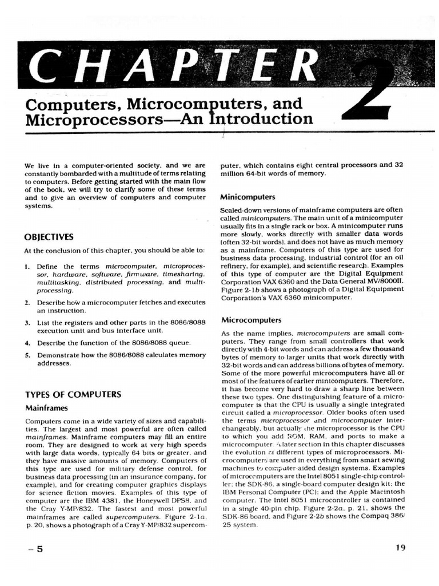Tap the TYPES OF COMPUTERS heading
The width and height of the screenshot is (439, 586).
tap(73, 394)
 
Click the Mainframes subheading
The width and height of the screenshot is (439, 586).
tap(46, 408)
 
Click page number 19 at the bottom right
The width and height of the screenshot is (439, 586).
tap(400, 547)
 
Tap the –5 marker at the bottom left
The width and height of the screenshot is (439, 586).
tap(35, 549)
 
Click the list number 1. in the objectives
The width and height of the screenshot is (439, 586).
tap(27, 267)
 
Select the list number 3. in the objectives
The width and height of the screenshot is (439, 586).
tap(27, 323)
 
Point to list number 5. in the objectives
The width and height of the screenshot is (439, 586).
tap(27, 355)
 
